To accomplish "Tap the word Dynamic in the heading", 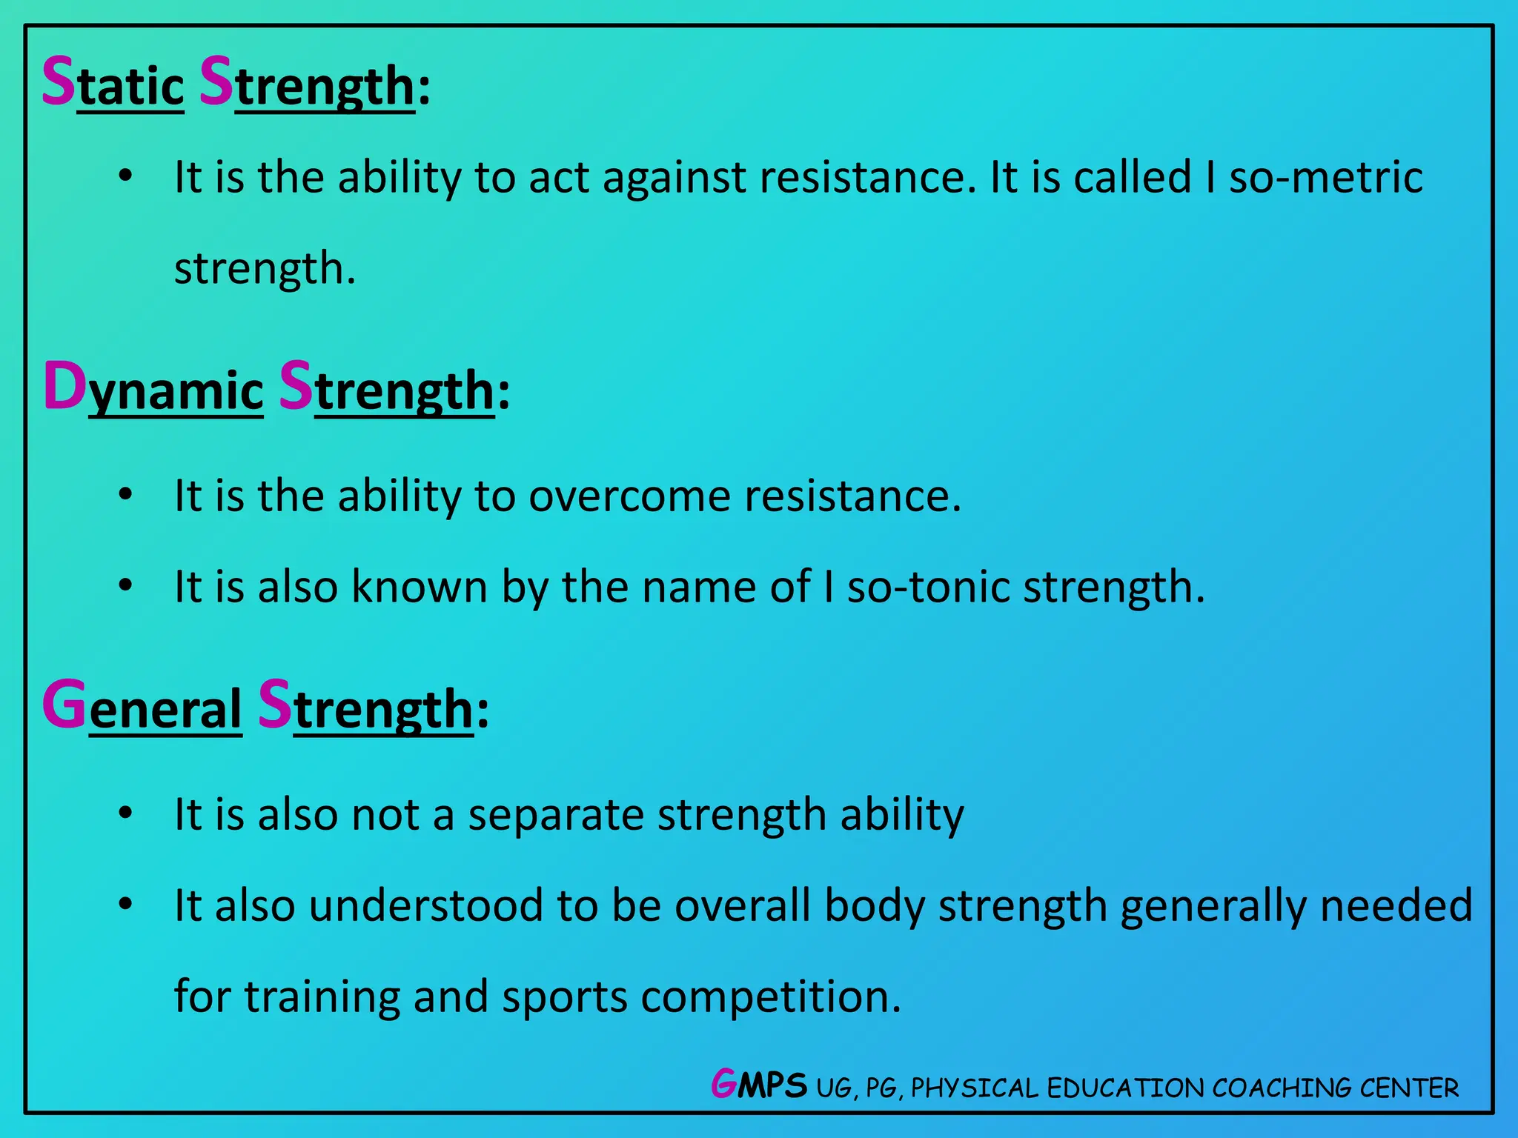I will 153,388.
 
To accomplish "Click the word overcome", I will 629,496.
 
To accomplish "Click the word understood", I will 426,905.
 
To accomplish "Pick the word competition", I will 771,997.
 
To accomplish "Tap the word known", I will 419,587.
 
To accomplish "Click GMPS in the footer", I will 758,1085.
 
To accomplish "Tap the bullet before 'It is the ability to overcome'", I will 125,494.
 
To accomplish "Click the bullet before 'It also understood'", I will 125,904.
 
